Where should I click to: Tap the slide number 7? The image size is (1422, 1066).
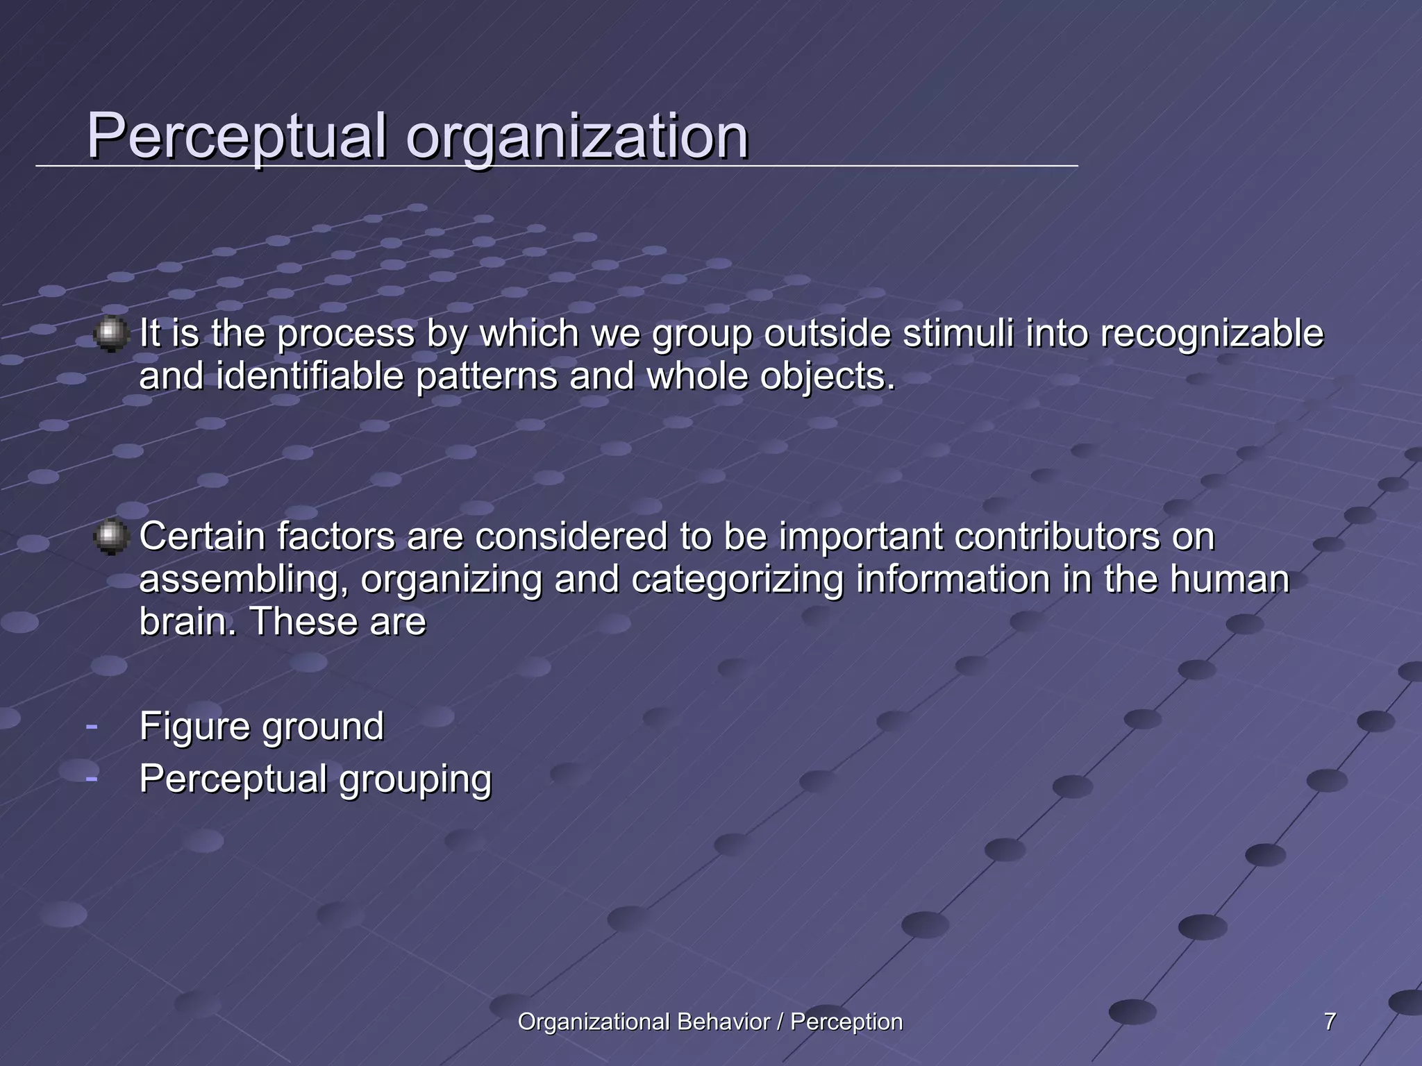(x=1330, y=1022)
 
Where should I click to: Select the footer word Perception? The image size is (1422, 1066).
(x=846, y=1022)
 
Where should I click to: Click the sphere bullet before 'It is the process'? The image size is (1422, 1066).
(x=111, y=334)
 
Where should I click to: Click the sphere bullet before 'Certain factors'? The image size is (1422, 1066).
(x=111, y=537)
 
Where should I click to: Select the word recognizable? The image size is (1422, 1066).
(x=1212, y=335)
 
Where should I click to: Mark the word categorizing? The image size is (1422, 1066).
(x=737, y=581)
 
